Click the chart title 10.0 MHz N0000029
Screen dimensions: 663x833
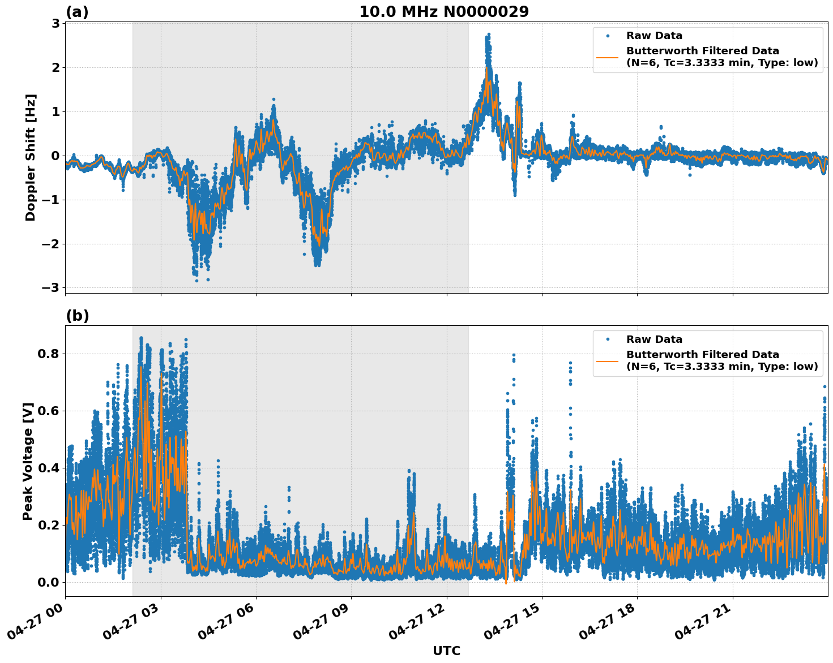point(444,12)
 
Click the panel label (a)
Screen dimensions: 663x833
point(77,12)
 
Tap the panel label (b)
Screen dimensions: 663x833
point(77,316)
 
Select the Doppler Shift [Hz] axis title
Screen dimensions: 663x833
point(31,157)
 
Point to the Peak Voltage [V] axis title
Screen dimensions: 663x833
point(28,461)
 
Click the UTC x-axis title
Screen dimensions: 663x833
point(446,651)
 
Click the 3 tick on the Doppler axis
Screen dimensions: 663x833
point(55,23)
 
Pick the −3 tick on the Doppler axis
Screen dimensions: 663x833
point(50,288)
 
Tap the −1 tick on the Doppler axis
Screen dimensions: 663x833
point(50,200)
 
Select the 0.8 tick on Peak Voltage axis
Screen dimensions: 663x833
point(49,354)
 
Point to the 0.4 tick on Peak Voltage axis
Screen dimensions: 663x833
point(49,468)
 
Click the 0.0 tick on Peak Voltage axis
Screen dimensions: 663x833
point(49,582)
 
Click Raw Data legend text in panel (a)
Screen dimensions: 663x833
point(654,36)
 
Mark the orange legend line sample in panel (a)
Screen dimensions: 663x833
point(608,57)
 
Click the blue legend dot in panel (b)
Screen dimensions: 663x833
point(608,339)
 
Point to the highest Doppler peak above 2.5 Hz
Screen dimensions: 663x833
point(488,35)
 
